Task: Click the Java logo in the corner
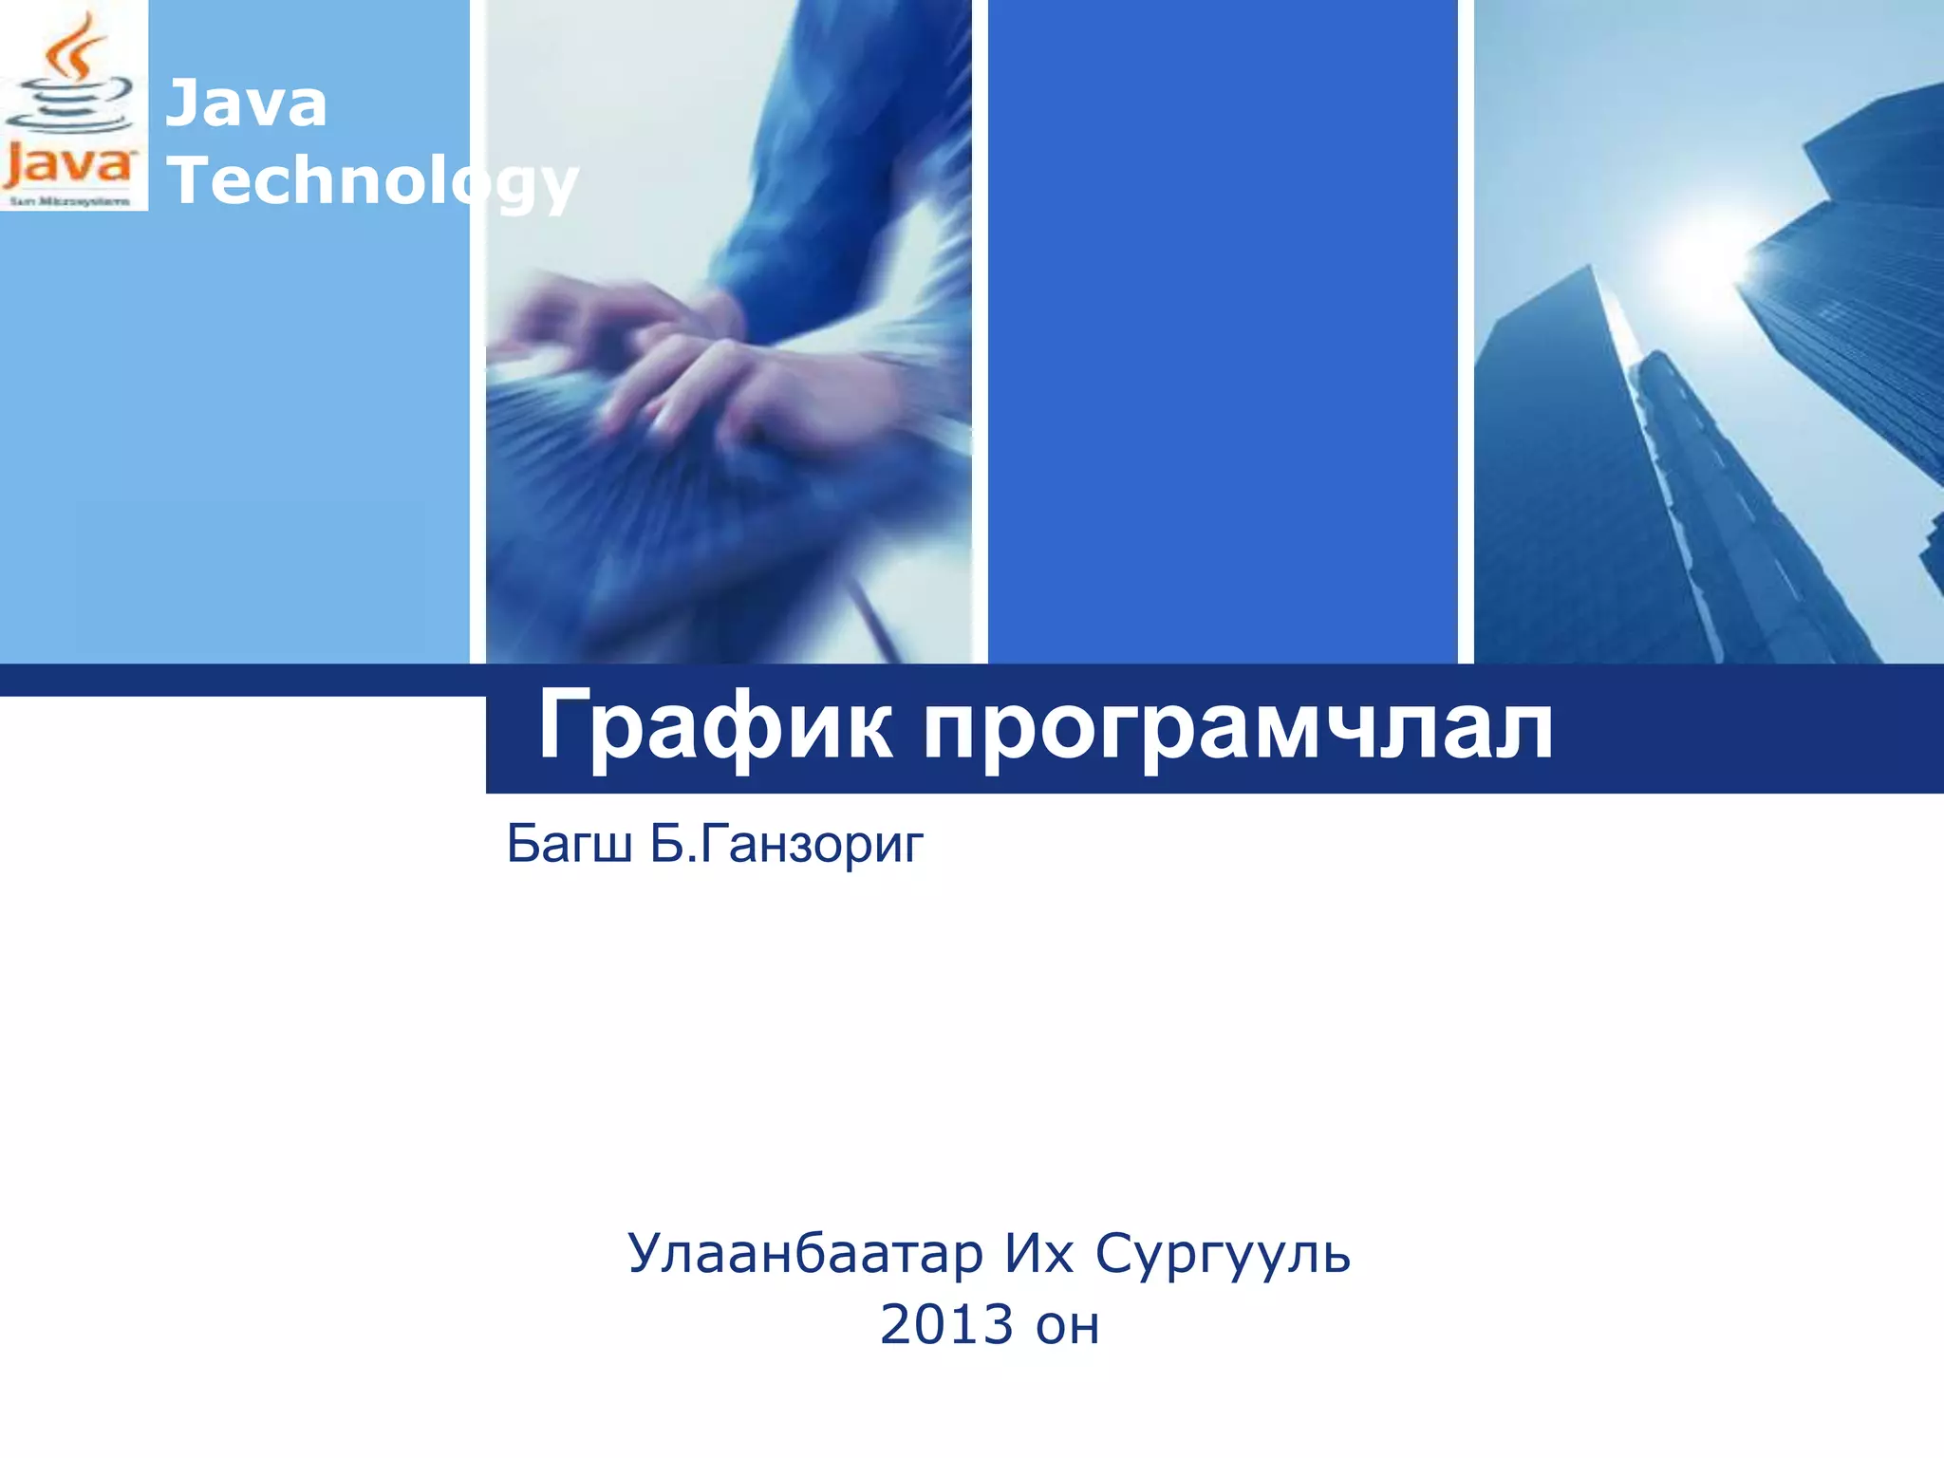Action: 73,104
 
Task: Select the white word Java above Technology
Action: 247,103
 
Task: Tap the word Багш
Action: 570,843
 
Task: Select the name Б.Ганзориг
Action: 786,843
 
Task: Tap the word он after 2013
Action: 1067,1327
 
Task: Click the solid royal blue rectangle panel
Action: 1223,332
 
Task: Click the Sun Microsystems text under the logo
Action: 69,201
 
